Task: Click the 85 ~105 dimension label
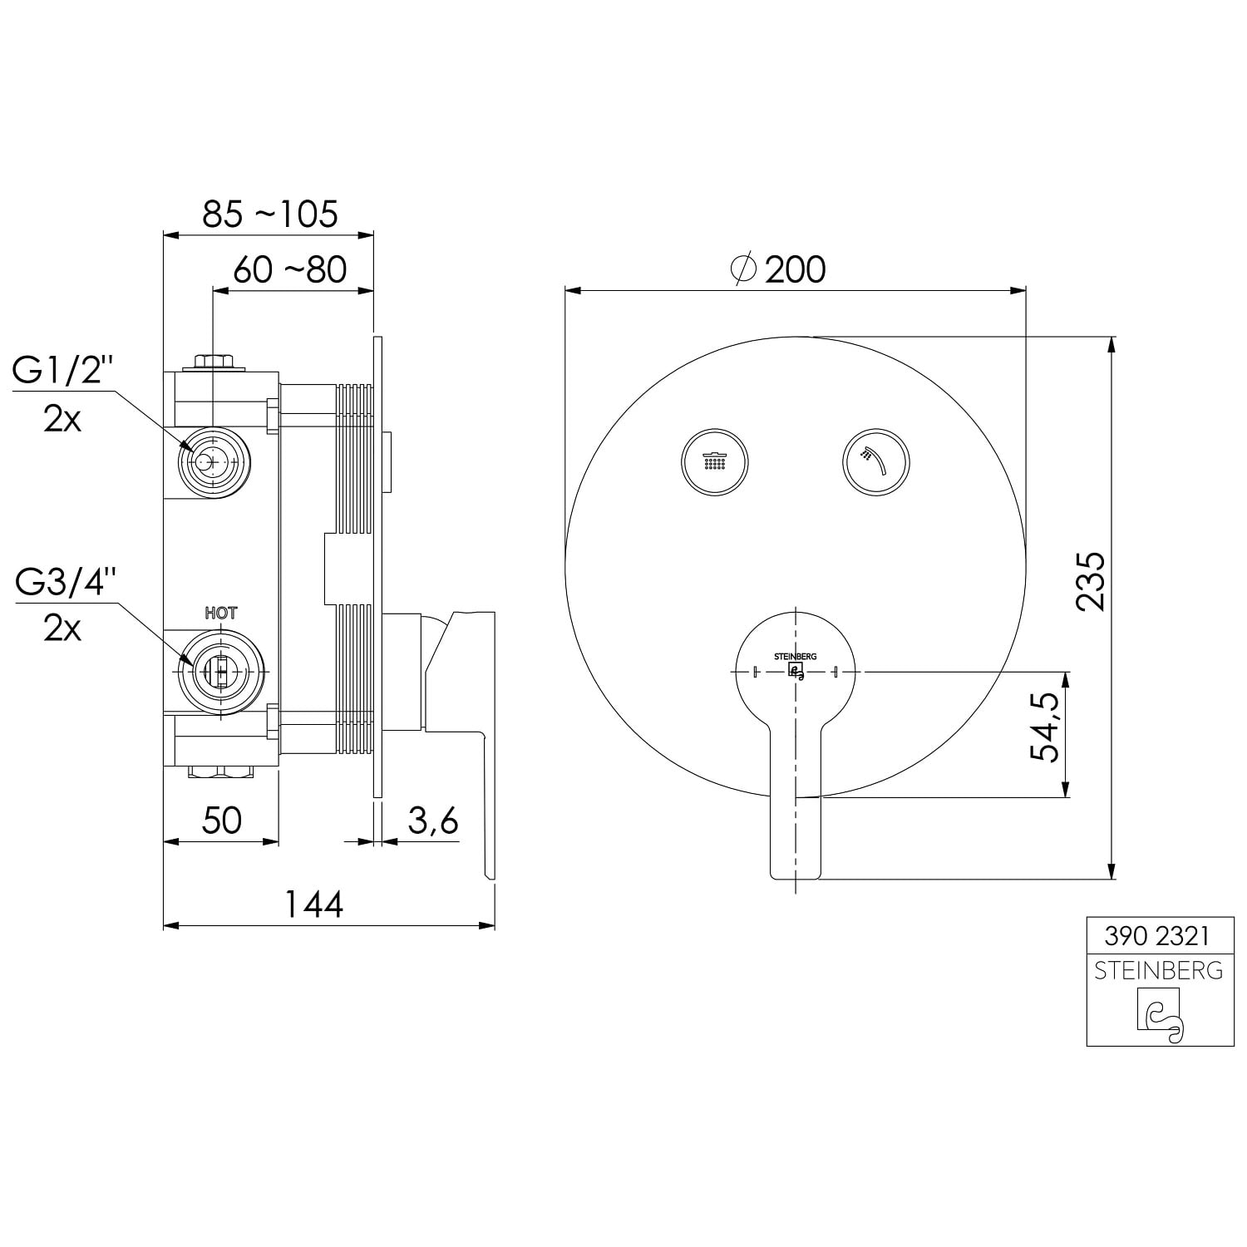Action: (270, 214)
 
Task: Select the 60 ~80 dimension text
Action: (289, 269)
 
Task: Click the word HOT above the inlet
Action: (221, 614)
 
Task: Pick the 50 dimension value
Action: (221, 821)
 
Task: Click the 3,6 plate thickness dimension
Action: (433, 821)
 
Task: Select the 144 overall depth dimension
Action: (314, 904)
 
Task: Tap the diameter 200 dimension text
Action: (778, 269)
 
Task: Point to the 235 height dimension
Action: (1090, 582)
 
